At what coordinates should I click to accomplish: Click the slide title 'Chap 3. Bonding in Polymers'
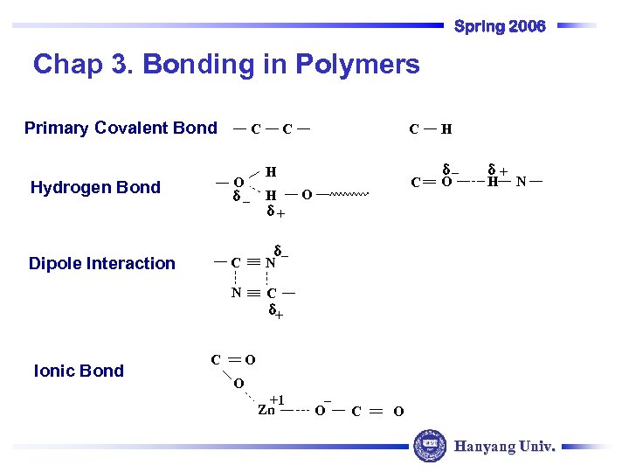tap(226, 64)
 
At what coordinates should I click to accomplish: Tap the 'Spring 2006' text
tap(500, 26)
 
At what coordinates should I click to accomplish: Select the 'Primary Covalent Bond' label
tap(121, 128)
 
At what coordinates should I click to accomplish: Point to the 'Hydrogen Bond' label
tap(95, 187)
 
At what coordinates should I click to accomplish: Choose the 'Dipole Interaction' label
tap(102, 264)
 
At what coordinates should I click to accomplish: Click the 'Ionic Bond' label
tap(79, 371)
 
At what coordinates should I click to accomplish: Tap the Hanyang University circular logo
tap(429, 446)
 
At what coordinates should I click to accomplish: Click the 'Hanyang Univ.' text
tap(504, 447)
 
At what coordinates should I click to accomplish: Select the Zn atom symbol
tap(266, 410)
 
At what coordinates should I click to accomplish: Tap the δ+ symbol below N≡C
tap(274, 310)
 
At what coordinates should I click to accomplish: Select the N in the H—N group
tap(521, 183)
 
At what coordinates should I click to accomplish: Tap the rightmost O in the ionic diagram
tap(398, 411)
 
